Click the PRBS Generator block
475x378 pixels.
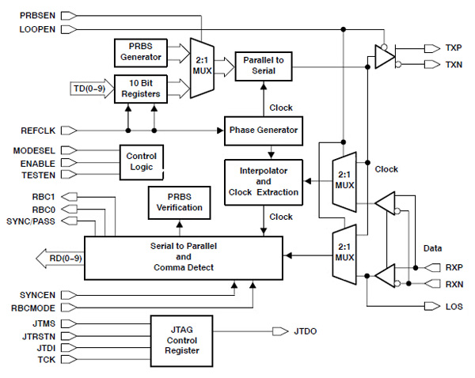tap(139, 51)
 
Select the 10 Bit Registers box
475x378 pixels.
tap(139, 87)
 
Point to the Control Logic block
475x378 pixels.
tap(142, 161)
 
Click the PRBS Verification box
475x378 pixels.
tap(179, 202)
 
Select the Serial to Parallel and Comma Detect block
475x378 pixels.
tap(184, 256)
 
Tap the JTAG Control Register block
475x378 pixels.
tap(184, 338)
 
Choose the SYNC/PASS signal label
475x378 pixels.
tap(32, 221)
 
